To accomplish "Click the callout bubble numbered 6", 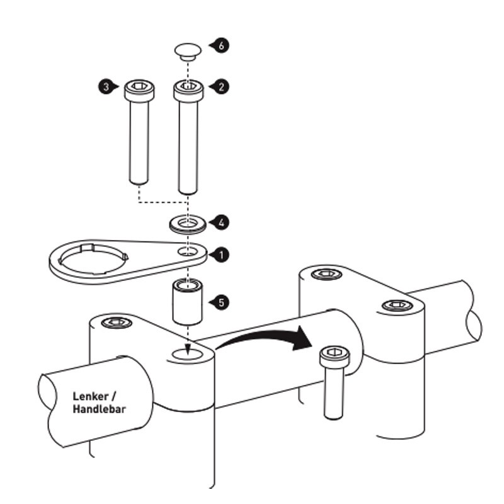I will point(221,46).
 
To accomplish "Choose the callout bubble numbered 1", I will point(220,255).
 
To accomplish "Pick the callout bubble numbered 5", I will point(220,302).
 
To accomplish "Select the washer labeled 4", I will point(188,224).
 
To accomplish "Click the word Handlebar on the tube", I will point(99,410).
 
